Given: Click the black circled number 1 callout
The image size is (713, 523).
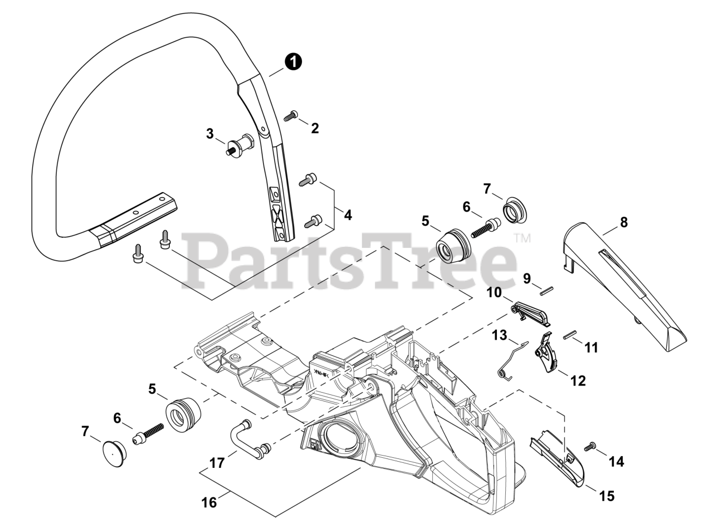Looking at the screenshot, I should [x=292, y=62].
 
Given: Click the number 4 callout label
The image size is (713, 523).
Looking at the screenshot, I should [x=348, y=215].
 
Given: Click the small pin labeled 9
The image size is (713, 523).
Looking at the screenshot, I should [x=546, y=289].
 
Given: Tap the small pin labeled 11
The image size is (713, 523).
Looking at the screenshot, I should [x=568, y=334].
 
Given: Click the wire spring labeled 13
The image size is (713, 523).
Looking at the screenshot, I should [x=510, y=363].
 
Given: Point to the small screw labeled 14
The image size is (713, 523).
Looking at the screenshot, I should [x=590, y=446].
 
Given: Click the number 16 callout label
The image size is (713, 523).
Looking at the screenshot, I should [x=209, y=502].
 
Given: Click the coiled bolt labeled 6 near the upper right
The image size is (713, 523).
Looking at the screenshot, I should [x=486, y=227].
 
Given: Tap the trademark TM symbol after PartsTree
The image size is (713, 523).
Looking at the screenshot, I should [x=522, y=238].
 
